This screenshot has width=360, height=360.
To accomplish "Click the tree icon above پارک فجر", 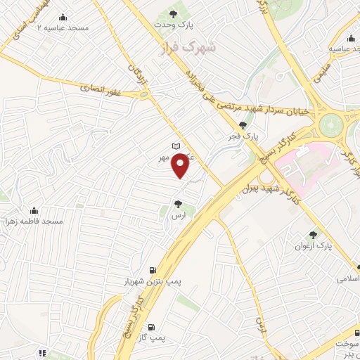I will coord(243,124).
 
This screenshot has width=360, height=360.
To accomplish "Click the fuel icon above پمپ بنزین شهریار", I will coord(153,270).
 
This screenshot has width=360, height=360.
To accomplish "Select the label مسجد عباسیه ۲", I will coord(63,27).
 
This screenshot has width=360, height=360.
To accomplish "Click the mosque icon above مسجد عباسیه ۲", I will coord(63,17).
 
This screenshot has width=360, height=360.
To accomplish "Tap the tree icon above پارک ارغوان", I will coord(314,235).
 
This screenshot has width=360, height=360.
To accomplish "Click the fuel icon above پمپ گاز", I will coord(151,327).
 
